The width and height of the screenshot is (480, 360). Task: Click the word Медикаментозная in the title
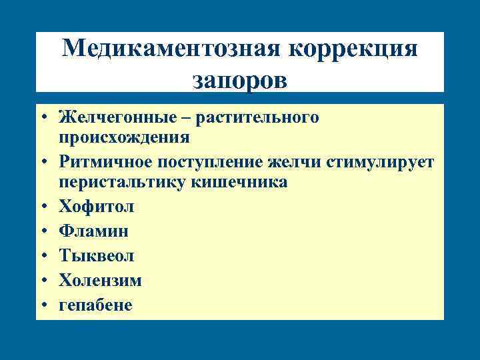171,50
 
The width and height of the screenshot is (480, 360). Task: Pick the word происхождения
124,137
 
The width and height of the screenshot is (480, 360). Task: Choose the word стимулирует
377,163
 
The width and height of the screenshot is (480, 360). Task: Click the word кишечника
239,182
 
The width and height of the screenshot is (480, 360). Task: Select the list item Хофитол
96,207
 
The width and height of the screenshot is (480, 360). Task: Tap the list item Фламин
93,231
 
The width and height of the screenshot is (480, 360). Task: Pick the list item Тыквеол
97,256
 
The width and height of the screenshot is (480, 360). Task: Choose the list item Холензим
100,281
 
